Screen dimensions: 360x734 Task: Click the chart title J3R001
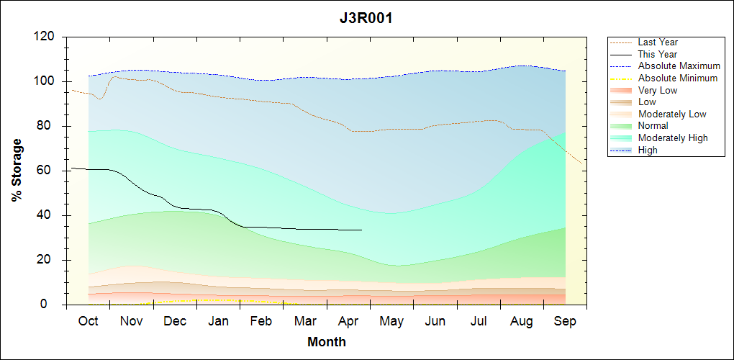[366, 19]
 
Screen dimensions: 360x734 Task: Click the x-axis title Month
[326, 342]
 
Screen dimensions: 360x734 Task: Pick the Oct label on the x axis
[88, 321]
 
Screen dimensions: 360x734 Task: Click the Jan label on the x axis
[218, 321]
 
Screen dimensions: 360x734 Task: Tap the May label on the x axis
[391, 321]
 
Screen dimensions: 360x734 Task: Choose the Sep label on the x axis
[565, 321]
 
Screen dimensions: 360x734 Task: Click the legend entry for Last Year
[658, 42]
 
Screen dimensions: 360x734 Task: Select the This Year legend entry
[658, 54]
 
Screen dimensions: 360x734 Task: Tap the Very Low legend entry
[658, 90]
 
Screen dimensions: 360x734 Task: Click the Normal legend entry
[653, 126]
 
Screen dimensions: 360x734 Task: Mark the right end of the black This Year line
[361, 230]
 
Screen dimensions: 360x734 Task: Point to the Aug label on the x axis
[522, 321]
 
